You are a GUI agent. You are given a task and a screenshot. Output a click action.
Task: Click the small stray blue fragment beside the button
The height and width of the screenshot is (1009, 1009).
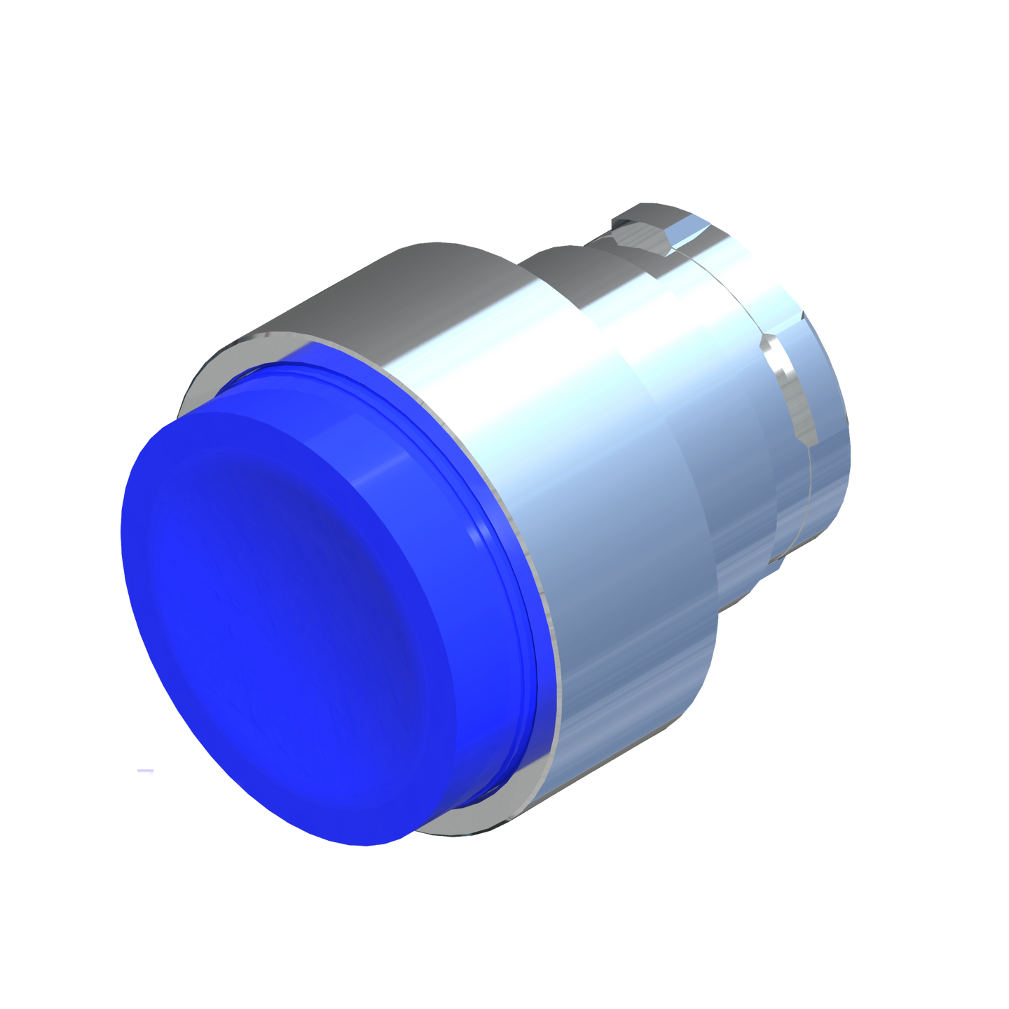(x=146, y=771)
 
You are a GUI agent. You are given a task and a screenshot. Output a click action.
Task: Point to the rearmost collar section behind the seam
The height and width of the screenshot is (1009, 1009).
(x=827, y=420)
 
